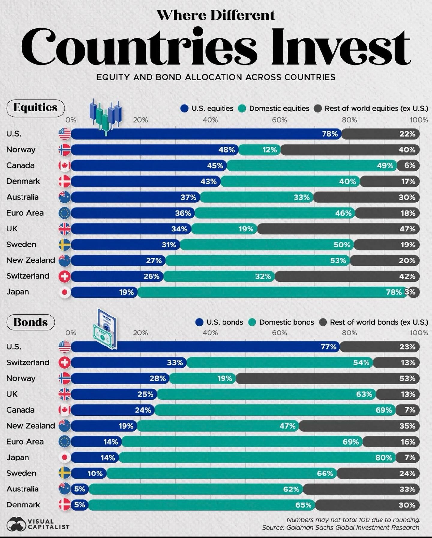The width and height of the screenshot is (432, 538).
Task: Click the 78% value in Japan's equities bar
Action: tap(394, 292)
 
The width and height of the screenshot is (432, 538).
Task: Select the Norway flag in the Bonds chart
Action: tap(65, 378)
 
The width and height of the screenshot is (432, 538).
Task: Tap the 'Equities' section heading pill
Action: tap(35, 108)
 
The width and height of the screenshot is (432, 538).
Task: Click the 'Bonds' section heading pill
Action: tap(31, 322)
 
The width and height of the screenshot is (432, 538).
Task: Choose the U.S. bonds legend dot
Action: tap(199, 322)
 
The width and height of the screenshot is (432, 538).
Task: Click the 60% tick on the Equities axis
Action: tap(280, 120)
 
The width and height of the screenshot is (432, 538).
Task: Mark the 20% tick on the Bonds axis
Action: tap(140, 333)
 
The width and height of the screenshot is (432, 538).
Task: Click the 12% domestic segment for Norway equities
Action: tap(260, 150)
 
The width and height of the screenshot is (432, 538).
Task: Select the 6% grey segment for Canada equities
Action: tap(408, 166)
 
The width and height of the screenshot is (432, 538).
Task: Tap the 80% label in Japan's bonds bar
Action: tap(384, 458)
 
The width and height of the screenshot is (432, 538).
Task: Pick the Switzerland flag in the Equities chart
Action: tap(65, 276)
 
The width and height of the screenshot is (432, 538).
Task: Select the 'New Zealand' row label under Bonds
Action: tap(31, 426)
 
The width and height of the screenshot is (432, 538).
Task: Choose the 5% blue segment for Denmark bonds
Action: tap(79, 505)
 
